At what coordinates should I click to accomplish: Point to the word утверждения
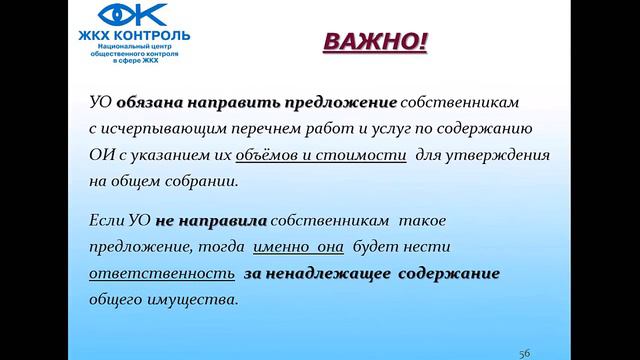click(x=497, y=157)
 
